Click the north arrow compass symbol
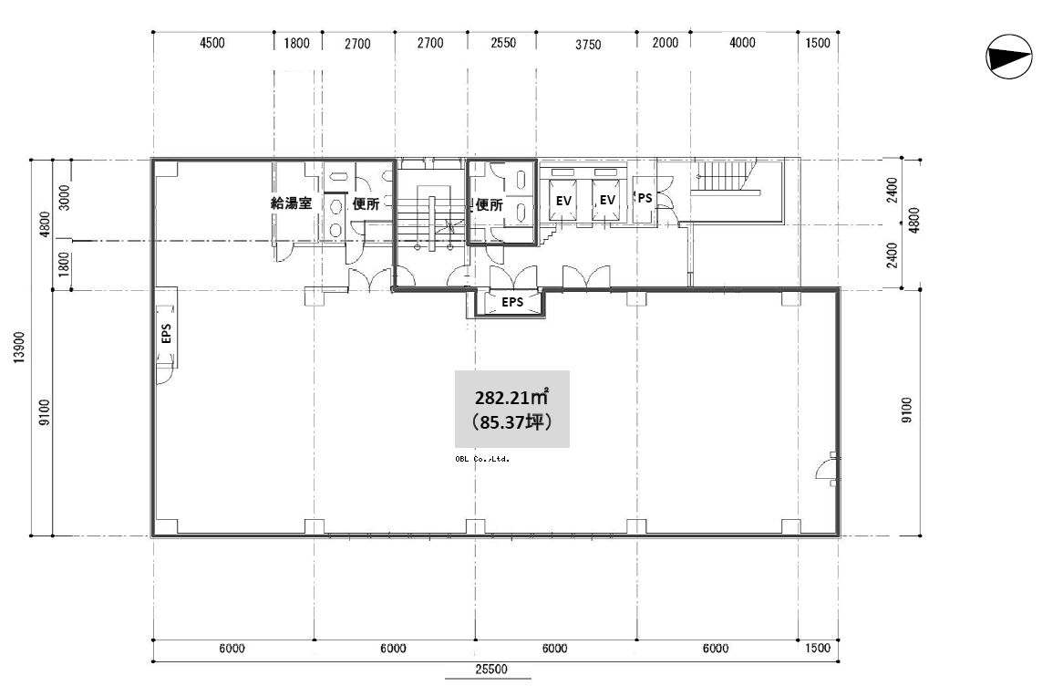(1009, 57)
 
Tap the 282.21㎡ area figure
(511, 397)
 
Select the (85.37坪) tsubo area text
(511, 422)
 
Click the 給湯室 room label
(291, 203)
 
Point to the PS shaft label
(645, 198)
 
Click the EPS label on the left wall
(166, 333)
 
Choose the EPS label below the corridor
(512, 302)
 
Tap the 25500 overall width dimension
(490, 670)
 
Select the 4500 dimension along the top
(212, 43)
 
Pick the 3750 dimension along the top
(588, 45)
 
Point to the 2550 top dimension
(503, 43)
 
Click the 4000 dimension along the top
(742, 43)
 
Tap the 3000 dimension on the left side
(65, 197)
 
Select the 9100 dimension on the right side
(906, 411)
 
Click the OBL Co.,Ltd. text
(482, 460)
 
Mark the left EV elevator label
(563, 201)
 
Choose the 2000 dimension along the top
(665, 43)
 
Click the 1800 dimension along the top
(296, 44)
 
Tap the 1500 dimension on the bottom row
(818, 648)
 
